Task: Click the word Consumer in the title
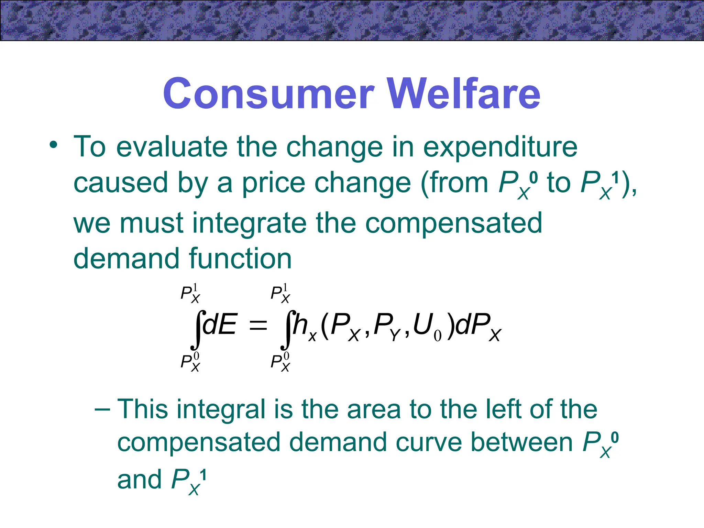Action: tap(268, 93)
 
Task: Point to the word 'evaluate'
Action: tap(172, 147)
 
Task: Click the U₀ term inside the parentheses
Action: tap(426, 327)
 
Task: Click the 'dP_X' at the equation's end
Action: tap(478, 327)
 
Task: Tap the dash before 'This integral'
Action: tap(102, 409)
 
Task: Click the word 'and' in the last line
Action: tap(139, 479)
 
